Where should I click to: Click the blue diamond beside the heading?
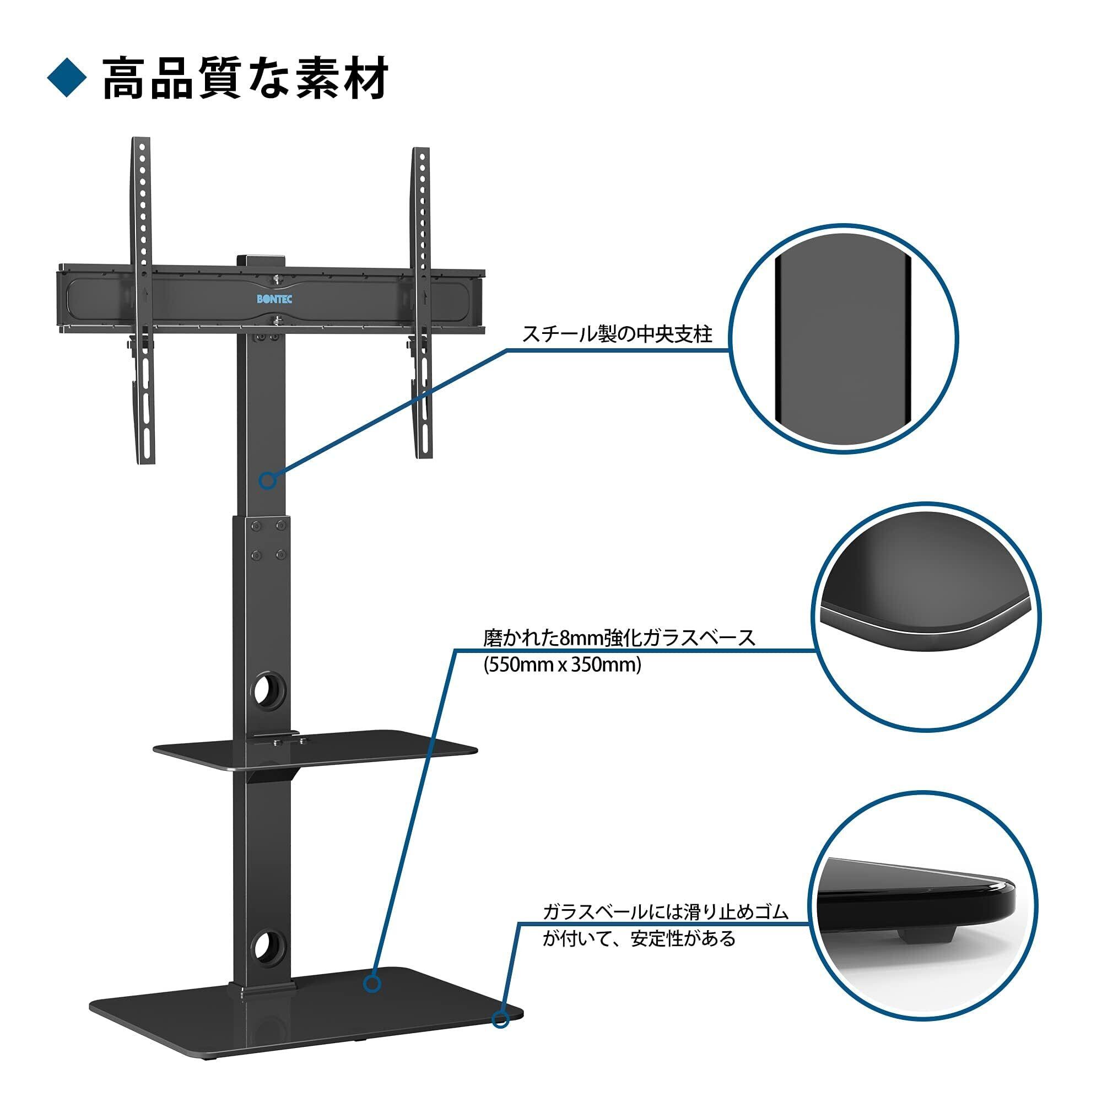point(67,78)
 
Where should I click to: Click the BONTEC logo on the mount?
point(274,299)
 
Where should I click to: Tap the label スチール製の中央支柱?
point(618,334)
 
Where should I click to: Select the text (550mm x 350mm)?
point(563,666)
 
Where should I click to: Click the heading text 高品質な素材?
point(246,78)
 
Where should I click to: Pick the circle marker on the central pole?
point(268,480)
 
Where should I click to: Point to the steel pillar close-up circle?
point(844,339)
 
